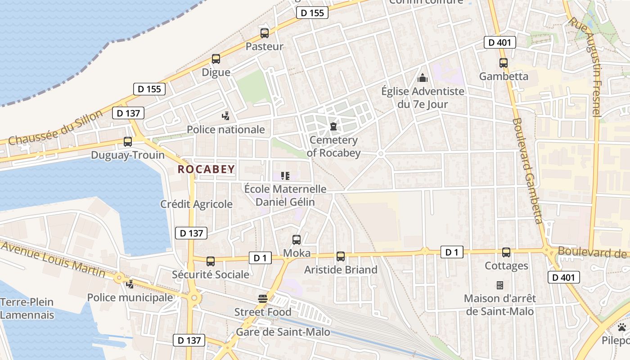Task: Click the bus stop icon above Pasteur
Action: pos(265,33)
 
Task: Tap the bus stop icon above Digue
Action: pos(216,59)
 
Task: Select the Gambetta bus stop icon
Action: pos(504,63)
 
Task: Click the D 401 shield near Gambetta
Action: pos(499,43)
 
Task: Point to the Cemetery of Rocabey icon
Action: pos(333,127)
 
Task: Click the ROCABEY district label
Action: pos(207,169)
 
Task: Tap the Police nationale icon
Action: pos(226,116)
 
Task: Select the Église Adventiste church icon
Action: pos(422,78)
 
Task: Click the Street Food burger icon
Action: pos(263,299)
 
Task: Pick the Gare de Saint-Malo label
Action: pos(283,332)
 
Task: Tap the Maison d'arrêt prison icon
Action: pos(499,285)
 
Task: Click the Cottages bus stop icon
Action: pos(506,252)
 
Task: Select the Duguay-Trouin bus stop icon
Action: pos(128,142)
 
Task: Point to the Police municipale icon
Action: pos(130,284)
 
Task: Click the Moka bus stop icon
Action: pos(297,240)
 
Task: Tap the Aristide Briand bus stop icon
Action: pos(341,256)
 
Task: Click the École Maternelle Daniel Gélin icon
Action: pos(285,175)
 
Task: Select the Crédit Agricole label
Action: pos(196,204)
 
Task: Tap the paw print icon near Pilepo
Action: pos(622,327)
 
